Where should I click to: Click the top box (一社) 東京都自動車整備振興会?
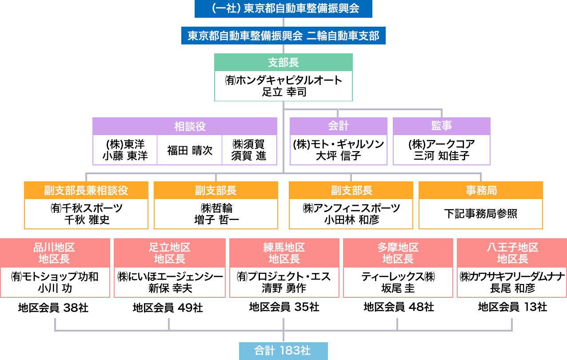coord(283,8)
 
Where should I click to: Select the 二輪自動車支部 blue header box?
coord(283,36)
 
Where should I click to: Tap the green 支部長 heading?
coord(283,62)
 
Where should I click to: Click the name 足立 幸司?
coord(283,92)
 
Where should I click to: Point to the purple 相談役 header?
coord(185,126)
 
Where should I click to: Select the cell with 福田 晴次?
coord(190,150)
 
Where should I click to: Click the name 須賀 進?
coord(249,156)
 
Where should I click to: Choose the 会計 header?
coord(338,126)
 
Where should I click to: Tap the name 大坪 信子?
coord(338,156)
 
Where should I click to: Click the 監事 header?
coord(441,126)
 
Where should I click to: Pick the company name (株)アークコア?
coord(441,144)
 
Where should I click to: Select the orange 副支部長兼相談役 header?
coord(86,190)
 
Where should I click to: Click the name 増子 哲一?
coord(216,220)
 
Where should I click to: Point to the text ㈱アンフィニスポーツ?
coord(351,208)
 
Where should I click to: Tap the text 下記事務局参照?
coord(480,214)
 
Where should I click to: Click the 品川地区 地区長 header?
coord(55,253)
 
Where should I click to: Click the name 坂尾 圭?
coord(398,288)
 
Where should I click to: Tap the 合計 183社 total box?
coord(283,351)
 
